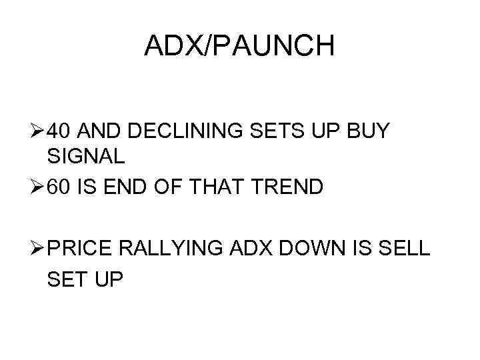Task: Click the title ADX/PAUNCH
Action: click(239, 46)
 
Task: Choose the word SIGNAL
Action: click(86, 157)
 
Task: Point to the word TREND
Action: click(290, 186)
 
